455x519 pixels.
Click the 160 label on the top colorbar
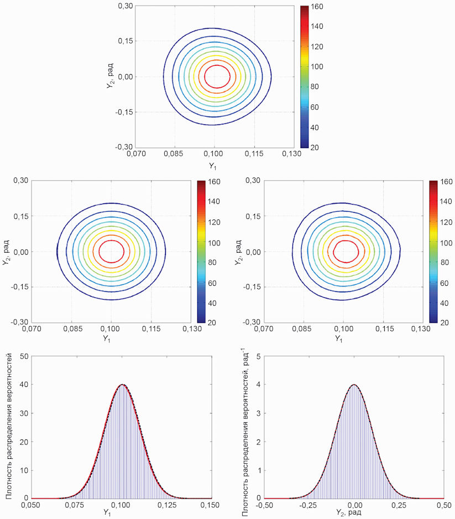[x=317, y=7]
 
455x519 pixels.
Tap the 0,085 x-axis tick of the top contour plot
[x=173, y=154]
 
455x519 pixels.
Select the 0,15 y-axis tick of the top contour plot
[x=125, y=41]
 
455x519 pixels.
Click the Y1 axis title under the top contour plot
[x=213, y=166]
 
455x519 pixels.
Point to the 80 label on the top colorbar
[x=315, y=87]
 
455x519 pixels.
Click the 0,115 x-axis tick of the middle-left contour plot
[x=151, y=329]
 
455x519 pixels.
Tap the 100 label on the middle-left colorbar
[x=214, y=243]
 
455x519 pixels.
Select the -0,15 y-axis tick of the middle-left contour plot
[x=19, y=287]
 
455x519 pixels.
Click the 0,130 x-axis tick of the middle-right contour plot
[x=421, y=329]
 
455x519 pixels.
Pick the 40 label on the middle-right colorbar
[x=444, y=303]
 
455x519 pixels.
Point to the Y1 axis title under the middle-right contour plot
[x=339, y=339]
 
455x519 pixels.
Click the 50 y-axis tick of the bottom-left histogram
[x=24, y=356]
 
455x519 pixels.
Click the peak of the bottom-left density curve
[x=122, y=385]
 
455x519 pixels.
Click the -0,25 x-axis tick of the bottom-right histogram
[x=308, y=505]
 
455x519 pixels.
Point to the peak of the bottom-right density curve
[x=354, y=385]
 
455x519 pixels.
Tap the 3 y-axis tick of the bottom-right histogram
[x=259, y=413]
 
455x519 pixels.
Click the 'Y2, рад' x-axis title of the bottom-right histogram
[x=348, y=513]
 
